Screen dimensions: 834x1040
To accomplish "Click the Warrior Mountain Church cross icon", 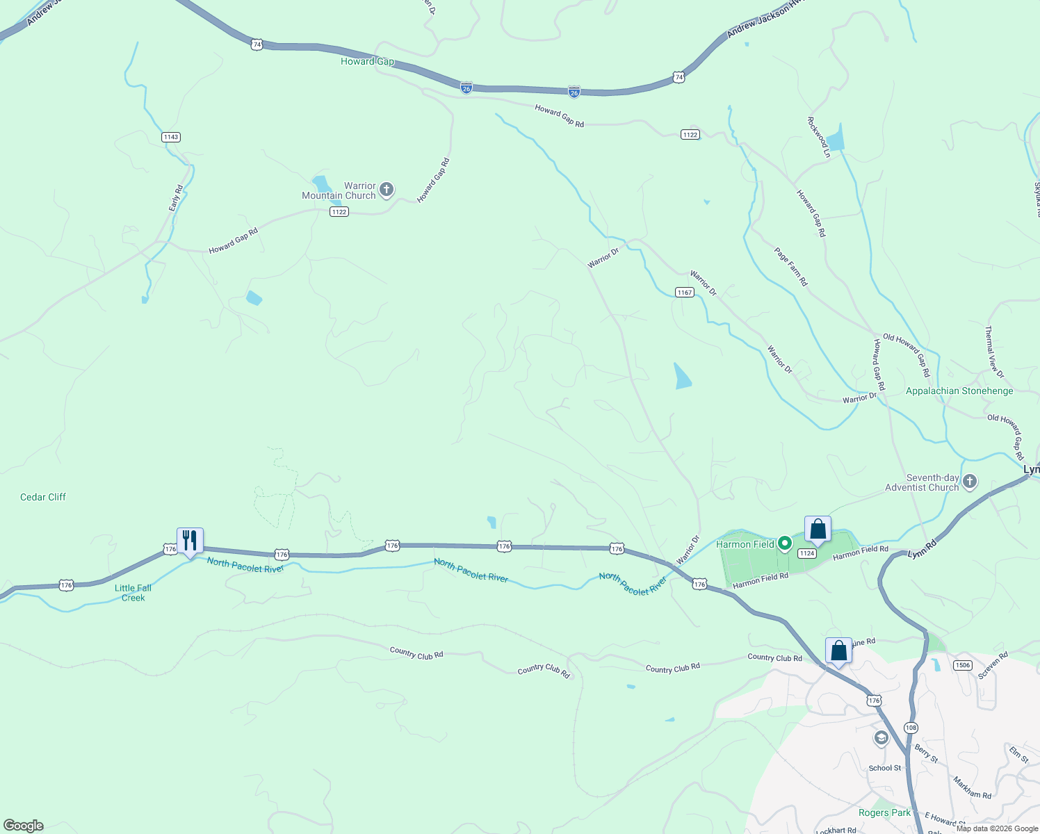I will (x=387, y=189).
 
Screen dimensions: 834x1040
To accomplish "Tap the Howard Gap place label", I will (x=367, y=61).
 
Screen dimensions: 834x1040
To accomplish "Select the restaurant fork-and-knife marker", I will (x=190, y=540).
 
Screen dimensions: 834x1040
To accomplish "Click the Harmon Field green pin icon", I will (x=785, y=543).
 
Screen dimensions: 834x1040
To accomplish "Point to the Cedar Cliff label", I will (x=43, y=497).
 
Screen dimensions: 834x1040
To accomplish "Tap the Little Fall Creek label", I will (x=133, y=593).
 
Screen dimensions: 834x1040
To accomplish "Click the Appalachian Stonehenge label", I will (x=959, y=391).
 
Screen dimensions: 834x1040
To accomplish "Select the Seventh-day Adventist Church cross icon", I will (x=970, y=481).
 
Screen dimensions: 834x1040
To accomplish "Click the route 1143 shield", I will (x=171, y=137).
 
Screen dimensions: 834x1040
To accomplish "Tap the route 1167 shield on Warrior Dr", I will (x=685, y=292).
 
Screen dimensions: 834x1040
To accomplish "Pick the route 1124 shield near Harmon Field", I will (x=806, y=553).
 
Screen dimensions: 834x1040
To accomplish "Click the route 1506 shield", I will (x=962, y=665).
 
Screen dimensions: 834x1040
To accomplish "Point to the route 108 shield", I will (x=911, y=727).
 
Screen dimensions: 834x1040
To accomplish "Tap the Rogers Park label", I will (x=884, y=812).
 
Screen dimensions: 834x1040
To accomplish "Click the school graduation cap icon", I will (x=881, y=738).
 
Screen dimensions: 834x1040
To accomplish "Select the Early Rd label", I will (x=176, y=198).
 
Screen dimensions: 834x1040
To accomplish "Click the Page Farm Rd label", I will (x=791, y=267).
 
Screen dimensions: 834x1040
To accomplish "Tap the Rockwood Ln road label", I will (x=819, y=137).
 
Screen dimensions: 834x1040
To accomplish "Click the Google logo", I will (x=23, y=825).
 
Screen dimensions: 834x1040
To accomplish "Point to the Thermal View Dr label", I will (x=995, y=352).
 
